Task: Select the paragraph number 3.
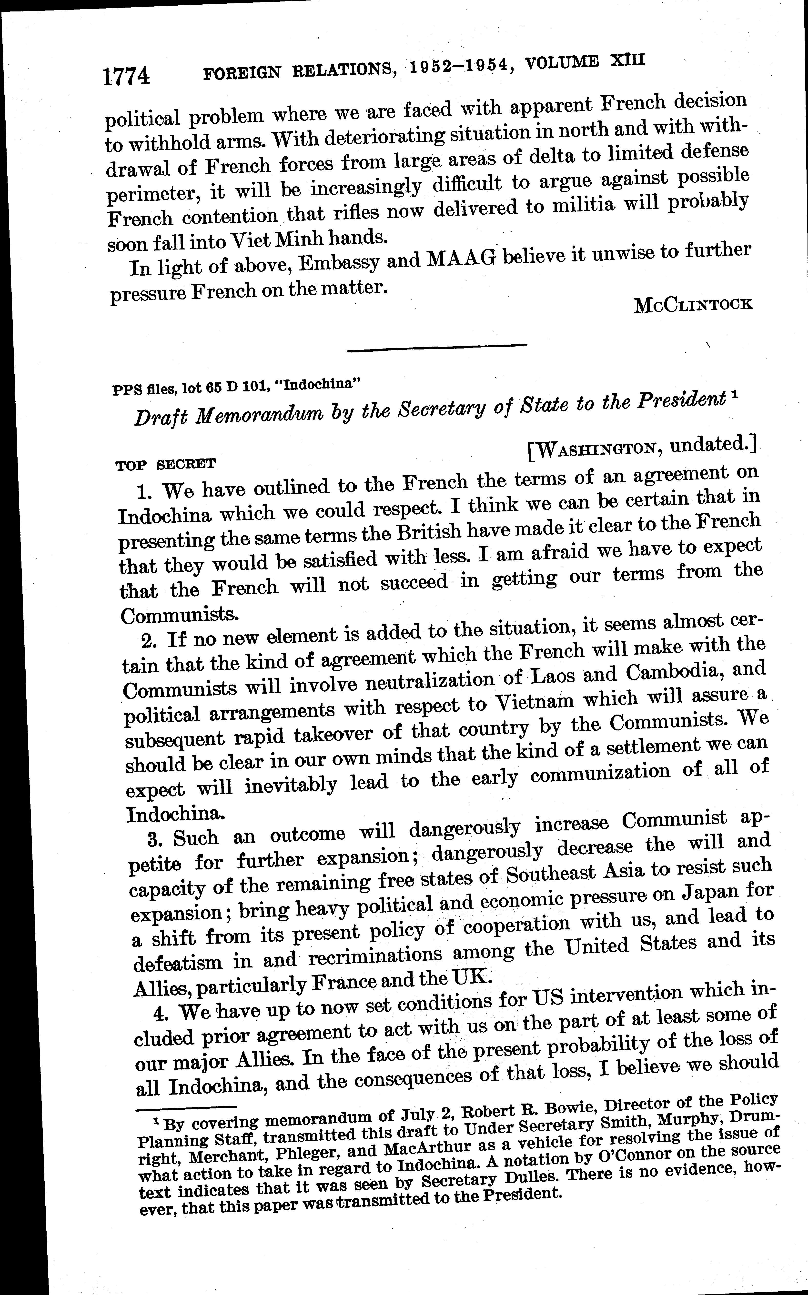click(155, 839)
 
